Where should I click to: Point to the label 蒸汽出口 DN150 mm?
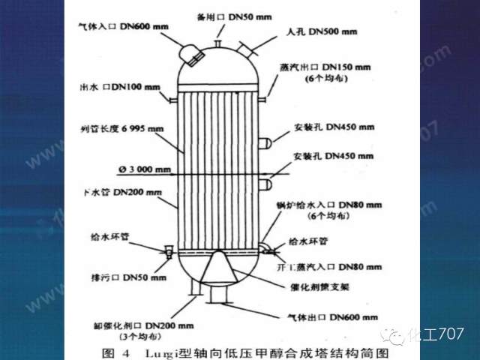pos(330,66)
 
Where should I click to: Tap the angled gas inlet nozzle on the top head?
pos(190,52)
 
